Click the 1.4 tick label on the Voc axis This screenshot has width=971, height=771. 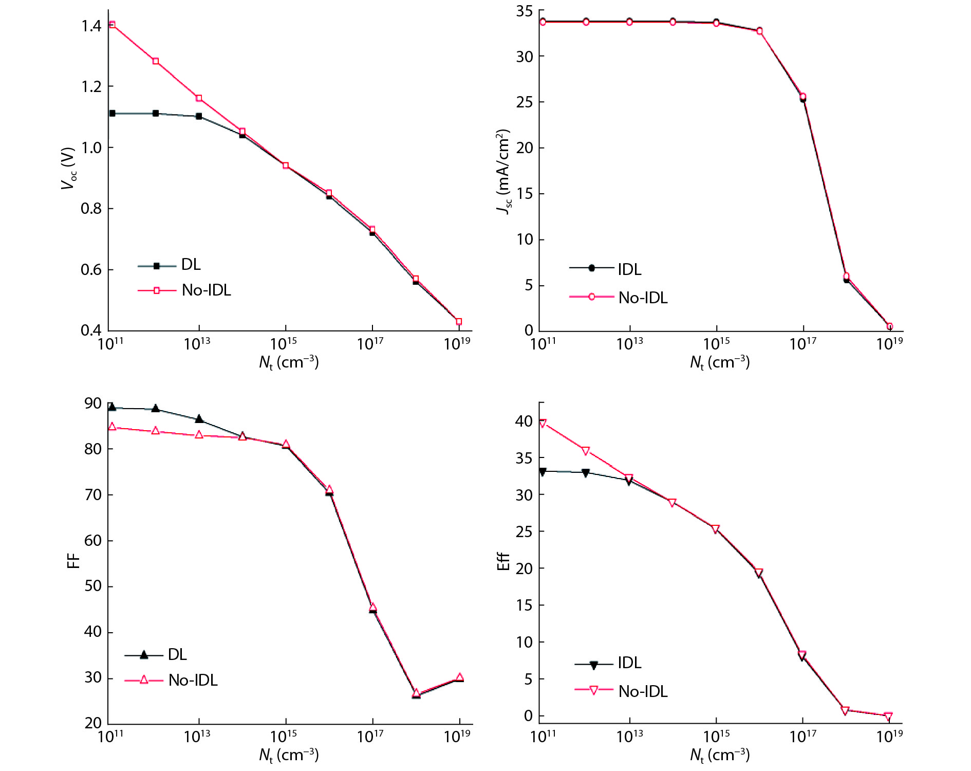(x=91, y=26)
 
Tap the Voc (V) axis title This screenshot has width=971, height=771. (x=68, y=169)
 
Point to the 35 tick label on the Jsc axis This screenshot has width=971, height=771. (x=525, y=11)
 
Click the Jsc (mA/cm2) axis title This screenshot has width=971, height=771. (x=503, y=172)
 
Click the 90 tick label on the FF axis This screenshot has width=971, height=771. (x=93, y=403)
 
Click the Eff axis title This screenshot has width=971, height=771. (x=503, y=562)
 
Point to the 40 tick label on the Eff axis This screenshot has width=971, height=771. (x=524, y=421)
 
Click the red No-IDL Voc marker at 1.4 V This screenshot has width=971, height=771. (x=112, y=25)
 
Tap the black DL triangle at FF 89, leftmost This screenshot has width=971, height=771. (x=112, y=407)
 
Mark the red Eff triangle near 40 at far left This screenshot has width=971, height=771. (x=543, y=424)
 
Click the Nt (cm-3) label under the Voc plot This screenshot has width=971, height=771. (x=289, y=363)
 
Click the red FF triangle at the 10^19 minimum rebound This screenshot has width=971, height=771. (x=459, y=677)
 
